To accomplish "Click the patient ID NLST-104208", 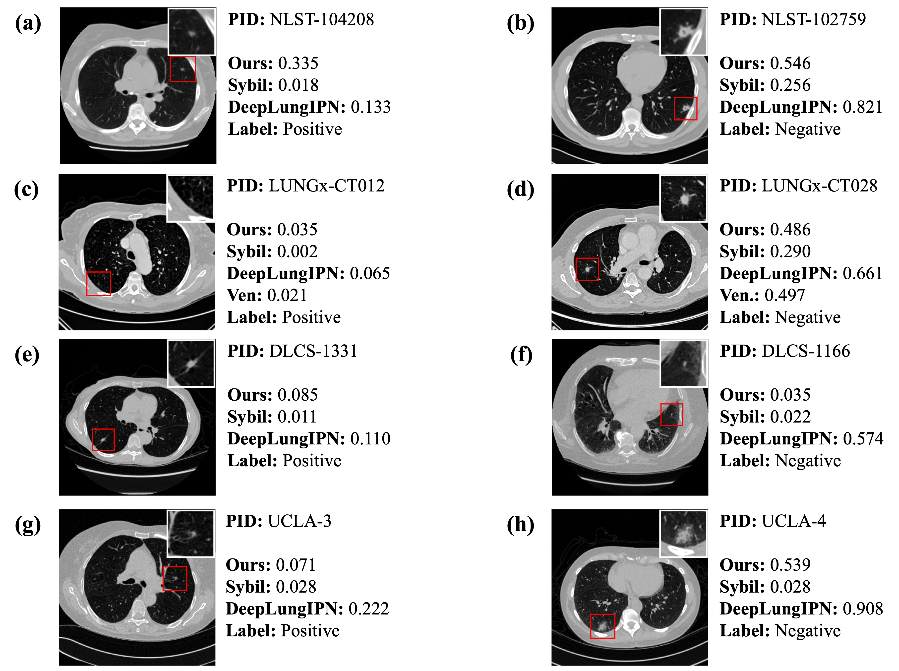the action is click(322, 19).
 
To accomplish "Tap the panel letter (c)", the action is click(26, 189).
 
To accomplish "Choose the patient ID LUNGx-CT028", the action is click(819, 186).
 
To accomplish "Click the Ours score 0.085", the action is click(298, 395).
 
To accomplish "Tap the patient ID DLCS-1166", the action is click(806, 351).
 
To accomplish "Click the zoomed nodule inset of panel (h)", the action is click(683, 533).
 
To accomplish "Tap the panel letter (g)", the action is click(28, 525).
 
